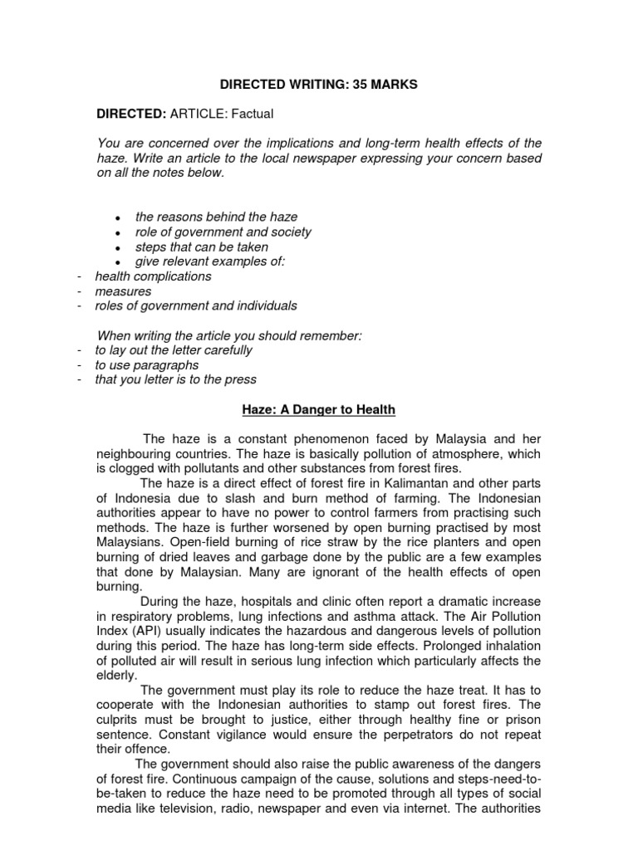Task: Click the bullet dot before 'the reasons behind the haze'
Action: click(119, 218)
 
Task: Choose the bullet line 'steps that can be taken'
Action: click(202, 247)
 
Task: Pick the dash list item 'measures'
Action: click(124, 291)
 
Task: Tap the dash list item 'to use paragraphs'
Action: click(147, 365)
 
